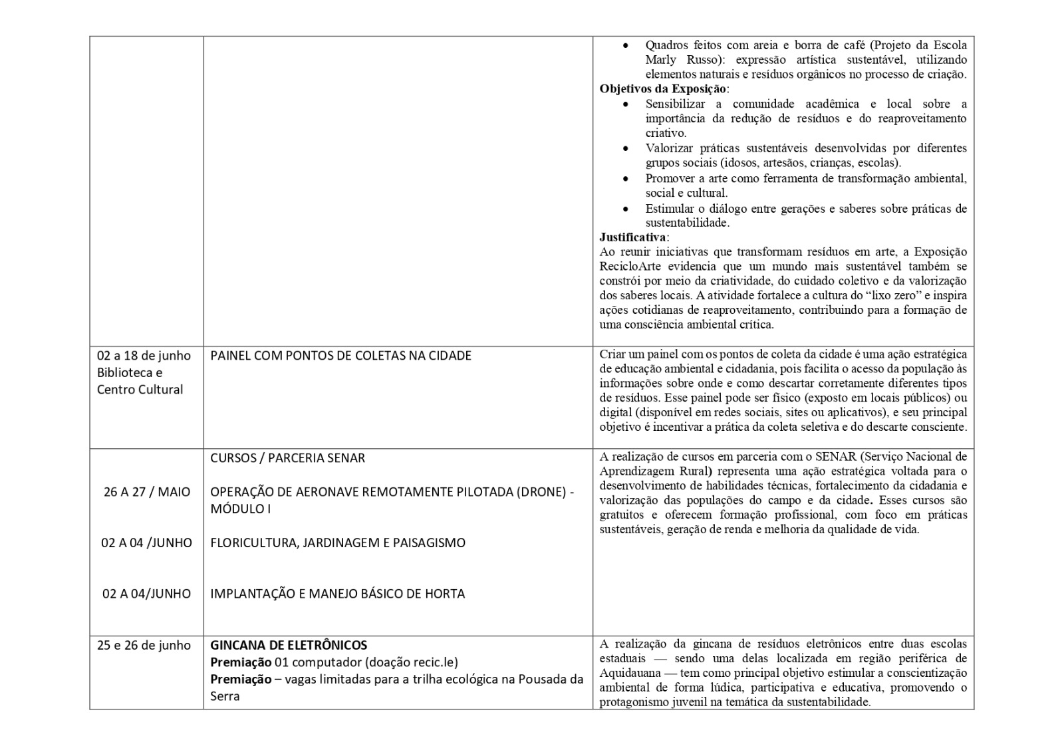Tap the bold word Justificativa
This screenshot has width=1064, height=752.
(x=632, y=237)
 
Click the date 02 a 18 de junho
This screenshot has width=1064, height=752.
(x=144, y=356)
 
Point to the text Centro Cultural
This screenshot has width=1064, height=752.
(x=140, y=390)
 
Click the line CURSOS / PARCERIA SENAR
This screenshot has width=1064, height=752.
(x=287, y=458)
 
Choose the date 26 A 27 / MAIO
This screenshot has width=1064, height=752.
(x=146, y=492)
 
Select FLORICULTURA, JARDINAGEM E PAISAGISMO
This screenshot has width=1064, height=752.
(x=338, y=543)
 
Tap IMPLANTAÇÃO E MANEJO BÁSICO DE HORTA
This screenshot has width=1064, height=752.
(x=337, y=594)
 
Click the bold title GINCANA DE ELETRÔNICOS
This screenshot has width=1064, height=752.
(x=289, y=645)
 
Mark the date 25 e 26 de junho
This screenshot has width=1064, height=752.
(x=144, y=645)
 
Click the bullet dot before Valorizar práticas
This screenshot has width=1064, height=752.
(x=625, y=148)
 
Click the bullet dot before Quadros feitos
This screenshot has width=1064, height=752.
(x=625, y=45)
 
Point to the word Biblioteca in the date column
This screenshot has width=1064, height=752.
(x=130, y=372)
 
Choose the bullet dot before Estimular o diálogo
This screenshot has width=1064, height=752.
(x=625, y=209)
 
